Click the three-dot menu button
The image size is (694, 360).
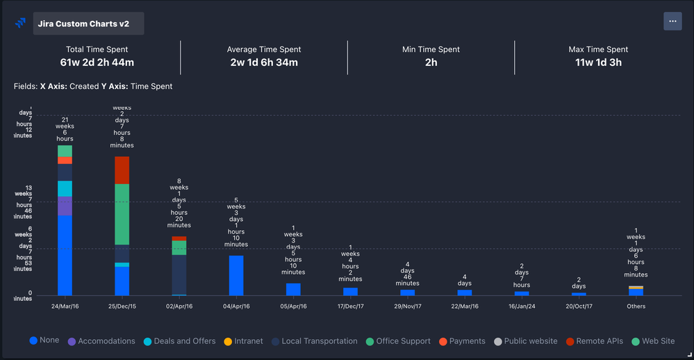[672, 22]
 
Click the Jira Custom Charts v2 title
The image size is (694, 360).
[88, 24]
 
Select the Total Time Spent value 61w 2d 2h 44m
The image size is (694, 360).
[97, 63]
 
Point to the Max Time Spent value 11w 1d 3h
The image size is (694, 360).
[597, 63]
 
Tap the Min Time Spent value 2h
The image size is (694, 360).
[431, 63]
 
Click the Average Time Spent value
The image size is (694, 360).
[264, 63]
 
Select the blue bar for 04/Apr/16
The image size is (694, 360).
[236, 275]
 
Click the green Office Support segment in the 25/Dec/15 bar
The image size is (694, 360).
[122, 214]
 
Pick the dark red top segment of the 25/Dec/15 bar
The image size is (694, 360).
[122, 170]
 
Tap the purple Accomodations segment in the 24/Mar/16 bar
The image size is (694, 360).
[65, 206]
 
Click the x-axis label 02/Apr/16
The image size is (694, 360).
[179, 306]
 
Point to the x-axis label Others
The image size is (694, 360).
[636, 306]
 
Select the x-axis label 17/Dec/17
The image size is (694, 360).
[350, 306]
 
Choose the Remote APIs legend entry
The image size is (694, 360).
[593, 341]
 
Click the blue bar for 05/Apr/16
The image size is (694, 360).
[293, 289]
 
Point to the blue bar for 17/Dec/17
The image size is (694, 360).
[350, 291]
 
